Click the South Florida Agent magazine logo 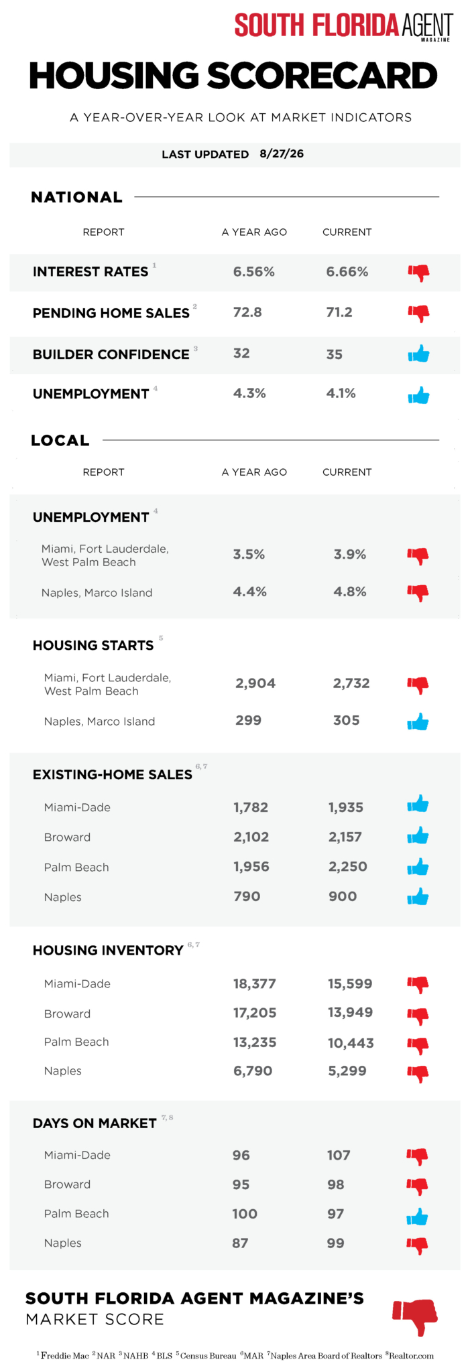343,26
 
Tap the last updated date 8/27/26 282,153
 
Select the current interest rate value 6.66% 347,271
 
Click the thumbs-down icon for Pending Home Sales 419,313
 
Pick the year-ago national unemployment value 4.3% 249,393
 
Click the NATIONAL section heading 76,197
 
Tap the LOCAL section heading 60,440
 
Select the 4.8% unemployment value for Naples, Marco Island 350,592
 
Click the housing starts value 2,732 351,683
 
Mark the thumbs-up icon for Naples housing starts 418,722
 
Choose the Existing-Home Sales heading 113,774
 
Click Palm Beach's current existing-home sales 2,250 348,866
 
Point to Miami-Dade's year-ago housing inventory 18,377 255,983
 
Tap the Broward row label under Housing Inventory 67,1014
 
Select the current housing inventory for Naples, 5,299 347,1071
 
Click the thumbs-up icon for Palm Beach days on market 418,1217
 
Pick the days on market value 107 339,1155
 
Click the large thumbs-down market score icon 416,1317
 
